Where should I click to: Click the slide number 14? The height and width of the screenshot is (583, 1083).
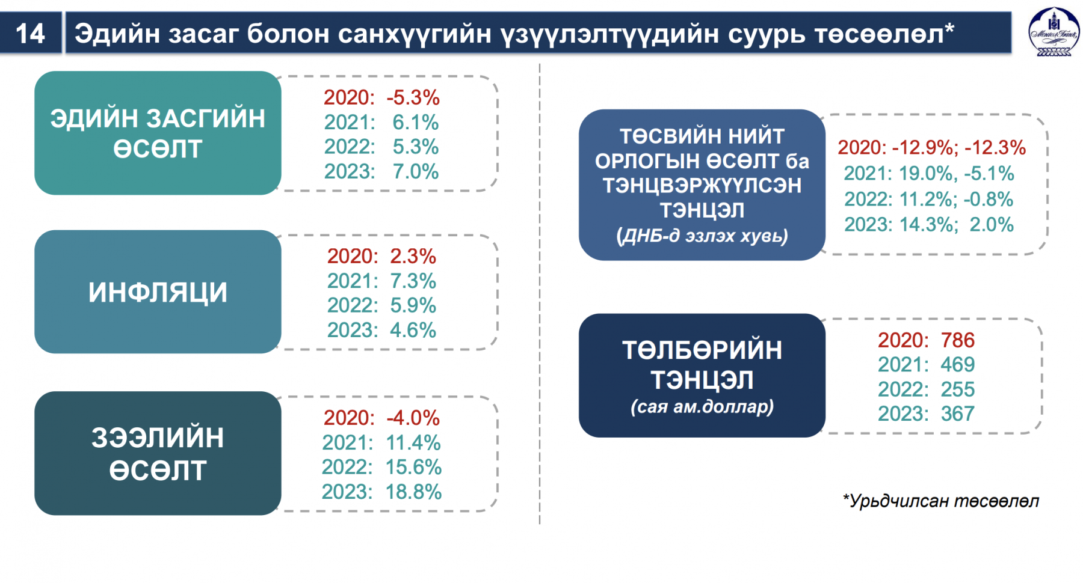point(30,34)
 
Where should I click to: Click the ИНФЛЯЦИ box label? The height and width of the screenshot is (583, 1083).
point(158,293)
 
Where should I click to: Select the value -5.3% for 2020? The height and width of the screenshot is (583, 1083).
point(413,97)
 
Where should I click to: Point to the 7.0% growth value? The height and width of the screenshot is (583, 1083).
point(416,171)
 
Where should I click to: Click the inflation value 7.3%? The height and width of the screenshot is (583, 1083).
point(413,281)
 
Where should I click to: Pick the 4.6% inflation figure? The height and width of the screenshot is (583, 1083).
point(413,330)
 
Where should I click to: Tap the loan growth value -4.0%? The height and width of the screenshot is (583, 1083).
point(413,418)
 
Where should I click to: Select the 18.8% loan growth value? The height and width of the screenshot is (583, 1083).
point(413,492)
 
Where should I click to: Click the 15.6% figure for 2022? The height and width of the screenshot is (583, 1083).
point(413,467)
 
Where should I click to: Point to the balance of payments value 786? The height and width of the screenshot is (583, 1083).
point(958,340)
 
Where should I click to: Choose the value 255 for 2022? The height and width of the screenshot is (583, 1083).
point(958,389)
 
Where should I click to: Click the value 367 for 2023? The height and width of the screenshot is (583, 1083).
point(958,414)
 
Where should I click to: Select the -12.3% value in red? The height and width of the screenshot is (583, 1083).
point(996,147)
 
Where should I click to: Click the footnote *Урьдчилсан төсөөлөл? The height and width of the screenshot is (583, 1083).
point(941,501)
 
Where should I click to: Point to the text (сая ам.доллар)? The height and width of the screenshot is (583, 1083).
point(702,407)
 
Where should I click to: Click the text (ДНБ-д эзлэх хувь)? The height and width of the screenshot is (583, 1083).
point(702,236)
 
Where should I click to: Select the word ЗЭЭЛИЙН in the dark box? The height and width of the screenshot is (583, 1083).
point(158,438)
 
